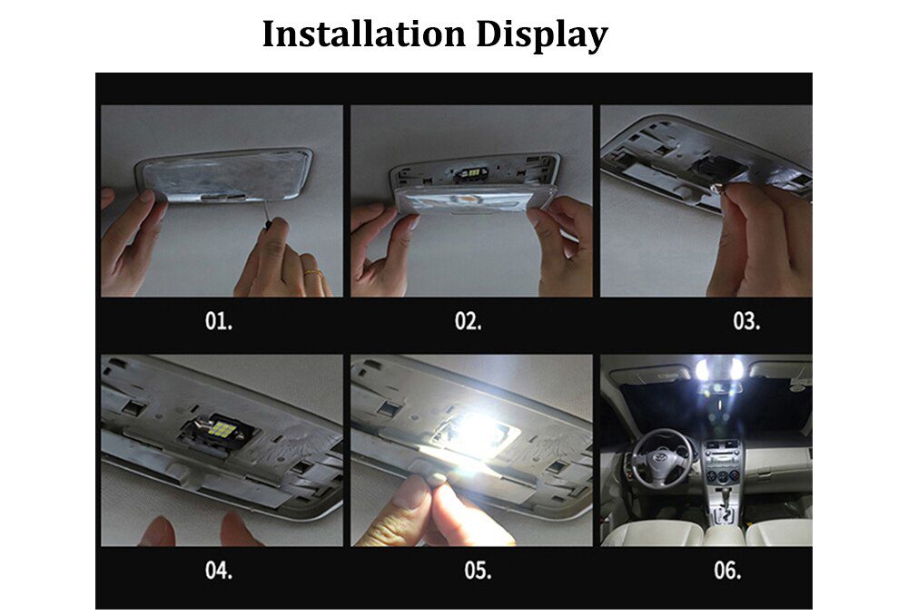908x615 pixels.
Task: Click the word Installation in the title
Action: (363, 34)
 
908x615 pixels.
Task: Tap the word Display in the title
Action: (541, 35)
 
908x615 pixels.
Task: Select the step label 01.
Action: (218, 322)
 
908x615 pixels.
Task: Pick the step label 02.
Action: (468, 322)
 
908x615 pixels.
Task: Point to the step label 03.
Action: (745, 322)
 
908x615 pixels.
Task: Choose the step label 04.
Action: (218, 571)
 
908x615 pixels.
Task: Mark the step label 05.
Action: (477, 571)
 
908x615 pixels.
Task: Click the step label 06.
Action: (726, 571)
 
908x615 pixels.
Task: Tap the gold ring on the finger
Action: (312, 272)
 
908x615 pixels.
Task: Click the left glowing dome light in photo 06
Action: (702, 369)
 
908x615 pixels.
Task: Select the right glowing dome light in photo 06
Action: (736, 368)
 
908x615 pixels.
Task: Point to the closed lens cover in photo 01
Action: (222, 176)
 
